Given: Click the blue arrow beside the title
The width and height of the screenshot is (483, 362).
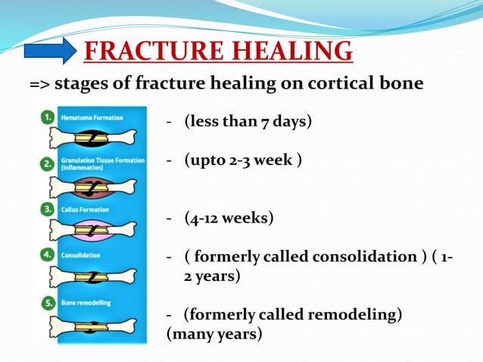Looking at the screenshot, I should tap(50, 51).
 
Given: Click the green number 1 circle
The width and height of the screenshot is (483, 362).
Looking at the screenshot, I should tap(48, 118).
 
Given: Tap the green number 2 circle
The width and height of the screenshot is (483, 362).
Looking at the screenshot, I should tap(48, 164).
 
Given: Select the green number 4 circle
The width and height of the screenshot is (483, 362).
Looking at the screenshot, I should tap(48, 255).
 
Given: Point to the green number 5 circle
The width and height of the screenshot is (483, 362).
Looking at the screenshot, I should tap(48, 302).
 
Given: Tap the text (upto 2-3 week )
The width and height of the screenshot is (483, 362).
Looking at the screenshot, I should tap(243, 161).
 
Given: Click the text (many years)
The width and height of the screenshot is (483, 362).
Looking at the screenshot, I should tap(214, 332).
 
